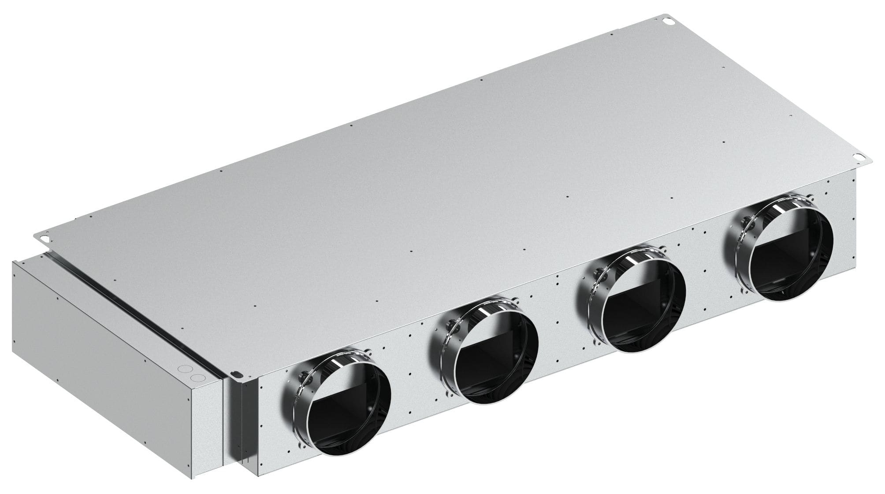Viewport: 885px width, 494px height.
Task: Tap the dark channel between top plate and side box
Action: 132,299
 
